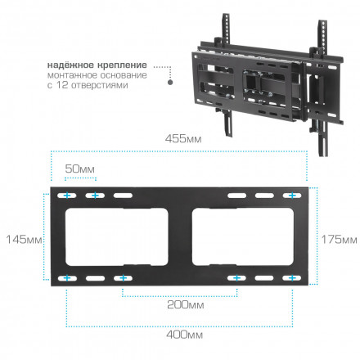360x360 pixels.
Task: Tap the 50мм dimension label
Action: point(80,168)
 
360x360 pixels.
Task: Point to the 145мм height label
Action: point(20,240)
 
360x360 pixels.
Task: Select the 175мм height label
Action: point(339,240)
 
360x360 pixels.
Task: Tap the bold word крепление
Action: point(126,65)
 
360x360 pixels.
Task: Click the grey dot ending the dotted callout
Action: point(169,82)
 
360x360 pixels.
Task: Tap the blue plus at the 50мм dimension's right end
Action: point(94,197)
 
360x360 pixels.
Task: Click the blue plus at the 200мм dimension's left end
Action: point(123,279)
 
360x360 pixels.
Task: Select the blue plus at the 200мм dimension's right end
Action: point(236,279)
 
